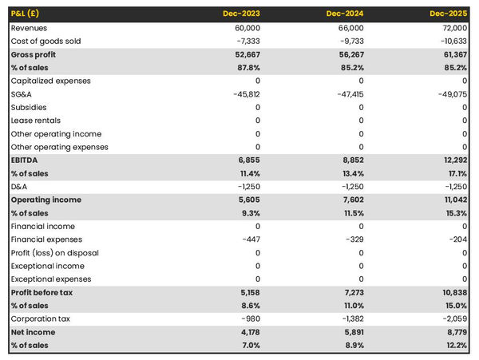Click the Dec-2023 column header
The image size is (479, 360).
click(242, 14)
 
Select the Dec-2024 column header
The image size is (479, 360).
click(346, 14)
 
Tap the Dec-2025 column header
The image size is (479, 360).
click(449, 14)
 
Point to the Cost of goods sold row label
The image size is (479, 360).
click(46, 41)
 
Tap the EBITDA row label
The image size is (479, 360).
click(26, 160)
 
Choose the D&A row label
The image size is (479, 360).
click(19, 187)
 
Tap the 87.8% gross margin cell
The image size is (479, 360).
click(246, 68)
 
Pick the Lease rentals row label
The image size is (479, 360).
click(36, 121)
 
